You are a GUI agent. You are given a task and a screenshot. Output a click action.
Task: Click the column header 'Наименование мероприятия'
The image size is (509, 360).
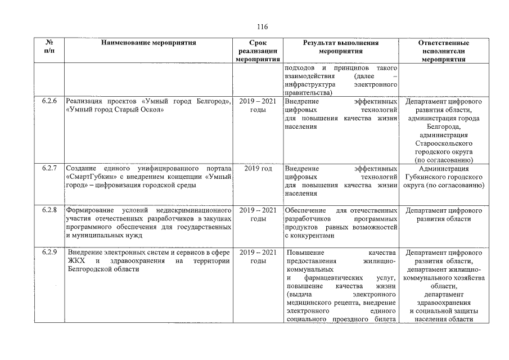click(149, 43)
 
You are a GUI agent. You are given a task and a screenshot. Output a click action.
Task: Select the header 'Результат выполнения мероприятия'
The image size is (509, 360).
click(341, 47)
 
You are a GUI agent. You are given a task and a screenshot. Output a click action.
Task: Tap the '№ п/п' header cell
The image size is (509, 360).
click(48, 47)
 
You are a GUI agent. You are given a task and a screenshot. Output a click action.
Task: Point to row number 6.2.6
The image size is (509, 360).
click(49, 102)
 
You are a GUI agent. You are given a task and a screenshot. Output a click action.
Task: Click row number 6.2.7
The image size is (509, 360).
click(49, 168)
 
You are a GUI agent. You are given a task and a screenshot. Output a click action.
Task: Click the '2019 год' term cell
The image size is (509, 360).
click(258, 168)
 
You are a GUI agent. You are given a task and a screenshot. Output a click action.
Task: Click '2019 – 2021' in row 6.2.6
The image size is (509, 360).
click(258, 102)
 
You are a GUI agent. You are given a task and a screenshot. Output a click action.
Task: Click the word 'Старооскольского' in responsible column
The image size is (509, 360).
click(444, 143)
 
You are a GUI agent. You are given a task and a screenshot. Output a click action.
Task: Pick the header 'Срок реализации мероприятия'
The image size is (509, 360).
click(258, 51)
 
